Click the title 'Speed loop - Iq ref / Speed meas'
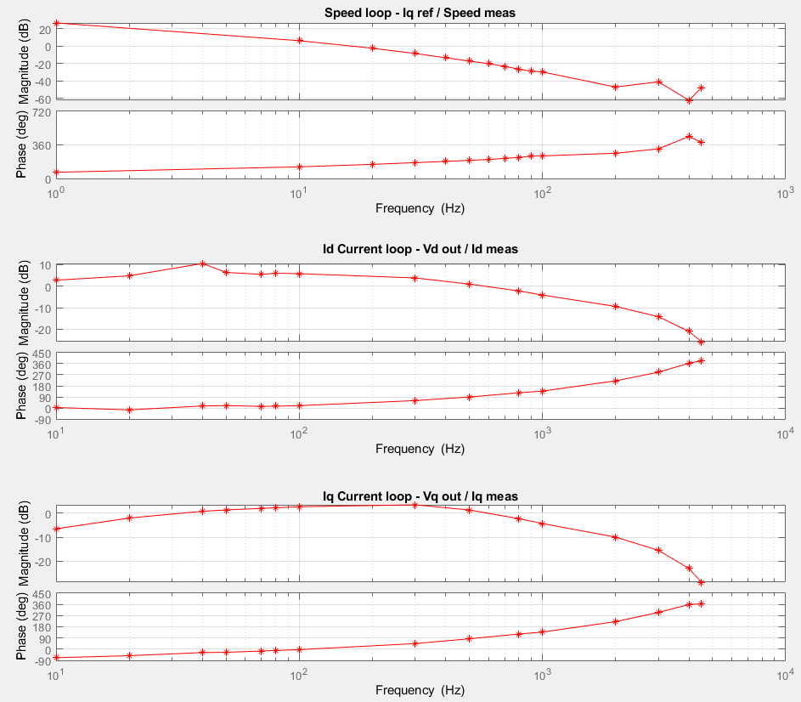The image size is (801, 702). pyautogui.click(x=420, y=12)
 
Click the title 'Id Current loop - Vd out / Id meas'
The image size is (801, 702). pyautogui.click(x=420, y=249)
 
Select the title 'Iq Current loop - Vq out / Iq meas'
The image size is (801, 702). pyautogui.click(x=420, y=495)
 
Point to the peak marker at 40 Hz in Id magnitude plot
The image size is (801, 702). pyautogui.click(x=202, y=263)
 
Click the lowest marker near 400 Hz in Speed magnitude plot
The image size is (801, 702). pyautogui.click(x=689, y=100)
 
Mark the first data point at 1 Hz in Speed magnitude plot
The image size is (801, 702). pyautogui.click(x=56, y=23)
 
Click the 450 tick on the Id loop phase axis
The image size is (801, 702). pyautogui.click(x=40, y=354)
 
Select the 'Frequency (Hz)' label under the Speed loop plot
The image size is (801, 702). pyautogui.click(x=420, y=207)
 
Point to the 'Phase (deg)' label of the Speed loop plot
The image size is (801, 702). pyautogui.click(x=23, y=144)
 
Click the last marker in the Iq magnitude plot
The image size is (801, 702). pyautogui.click(x=701, y=582)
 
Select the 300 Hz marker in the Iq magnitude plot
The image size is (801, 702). pyautogui.click(x=415, y=505)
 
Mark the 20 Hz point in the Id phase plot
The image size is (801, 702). pyautogui.click(x=129, y=410)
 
